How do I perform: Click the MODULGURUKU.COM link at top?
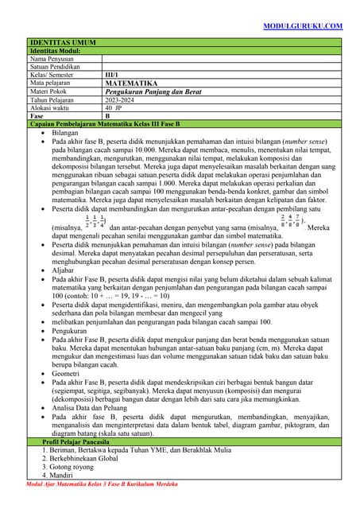(303, 25)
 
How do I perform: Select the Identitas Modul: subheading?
(59, 50)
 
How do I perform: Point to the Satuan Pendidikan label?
(59, 67)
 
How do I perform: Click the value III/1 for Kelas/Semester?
(114, 75)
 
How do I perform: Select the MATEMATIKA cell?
(131, 84)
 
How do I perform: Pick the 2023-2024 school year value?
(122, 100)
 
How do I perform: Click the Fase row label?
(37, 116)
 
